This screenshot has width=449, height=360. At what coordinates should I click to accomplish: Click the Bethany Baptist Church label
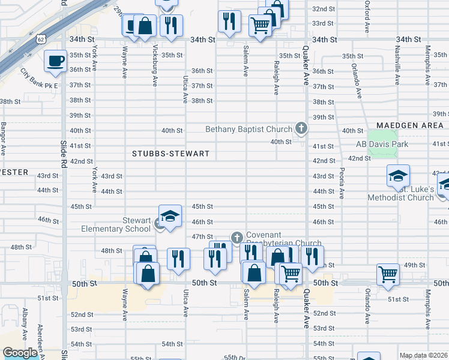click(x=248, y=129)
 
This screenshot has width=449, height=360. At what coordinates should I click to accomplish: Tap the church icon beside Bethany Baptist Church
click(x=301, y=128)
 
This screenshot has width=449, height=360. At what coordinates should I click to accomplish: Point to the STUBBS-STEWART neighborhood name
click(x=170, y=154)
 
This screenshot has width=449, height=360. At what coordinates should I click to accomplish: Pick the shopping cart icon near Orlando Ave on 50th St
click(x=388, y=274)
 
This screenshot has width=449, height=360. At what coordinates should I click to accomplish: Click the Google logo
click(x=20, y=353)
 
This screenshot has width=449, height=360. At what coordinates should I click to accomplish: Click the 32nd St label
click(x=323, y=9)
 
